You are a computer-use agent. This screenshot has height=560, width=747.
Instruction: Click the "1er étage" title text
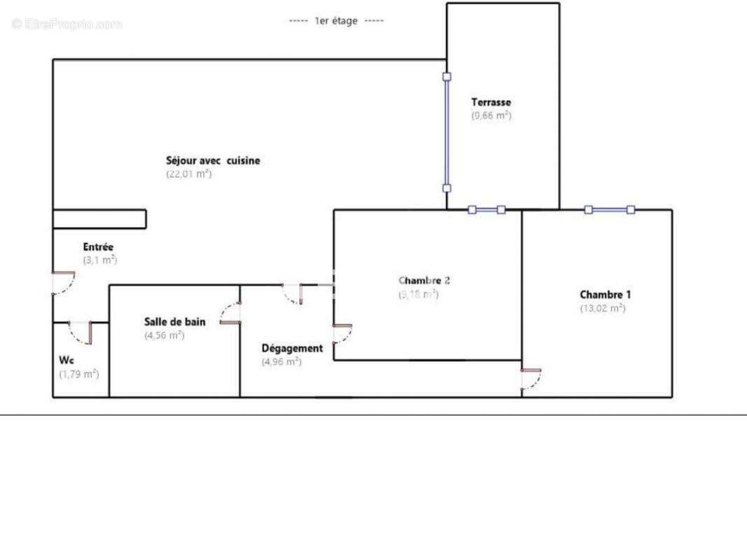336,21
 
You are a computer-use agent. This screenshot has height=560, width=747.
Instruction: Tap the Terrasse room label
491,102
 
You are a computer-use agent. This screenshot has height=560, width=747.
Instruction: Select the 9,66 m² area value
491,115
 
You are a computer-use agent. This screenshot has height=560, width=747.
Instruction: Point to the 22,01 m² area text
188,174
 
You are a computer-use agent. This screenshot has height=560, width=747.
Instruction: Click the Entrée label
98,247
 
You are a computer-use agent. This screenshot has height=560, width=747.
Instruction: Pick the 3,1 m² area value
99,260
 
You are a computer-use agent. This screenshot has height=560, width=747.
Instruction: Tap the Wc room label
67,360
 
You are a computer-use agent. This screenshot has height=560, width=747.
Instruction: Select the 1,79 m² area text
78,374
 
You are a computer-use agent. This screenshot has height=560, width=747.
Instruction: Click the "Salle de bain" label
175,322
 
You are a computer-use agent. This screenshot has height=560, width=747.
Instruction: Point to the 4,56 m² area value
164,335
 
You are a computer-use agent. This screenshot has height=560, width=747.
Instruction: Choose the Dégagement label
292,348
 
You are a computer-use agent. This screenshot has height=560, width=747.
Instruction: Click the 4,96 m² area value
281,362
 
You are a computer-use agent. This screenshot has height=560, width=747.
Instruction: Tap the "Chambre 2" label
424,281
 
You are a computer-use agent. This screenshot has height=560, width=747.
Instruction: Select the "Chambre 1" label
606,295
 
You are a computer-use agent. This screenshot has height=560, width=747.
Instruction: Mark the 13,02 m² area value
602,308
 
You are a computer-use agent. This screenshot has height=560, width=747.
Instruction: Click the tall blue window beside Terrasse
447,132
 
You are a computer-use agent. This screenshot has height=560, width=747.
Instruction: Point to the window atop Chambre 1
609,209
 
